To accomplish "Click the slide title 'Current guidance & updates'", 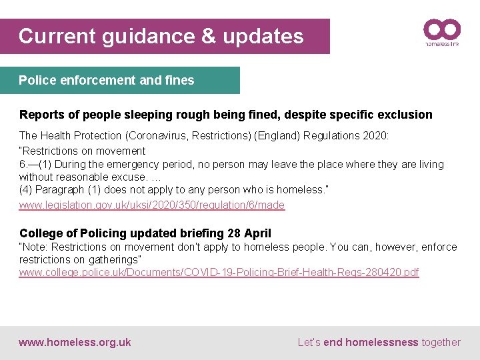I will [161, 36].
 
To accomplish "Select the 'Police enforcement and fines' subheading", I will [107, 81].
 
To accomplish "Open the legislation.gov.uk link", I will [152, 205].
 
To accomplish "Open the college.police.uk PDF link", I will [219, 273].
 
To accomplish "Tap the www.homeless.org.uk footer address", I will [75, 343].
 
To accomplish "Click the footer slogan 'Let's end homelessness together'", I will [379, 343].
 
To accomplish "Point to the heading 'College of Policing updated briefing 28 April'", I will [145, 233].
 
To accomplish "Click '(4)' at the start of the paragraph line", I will [27, 190].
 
